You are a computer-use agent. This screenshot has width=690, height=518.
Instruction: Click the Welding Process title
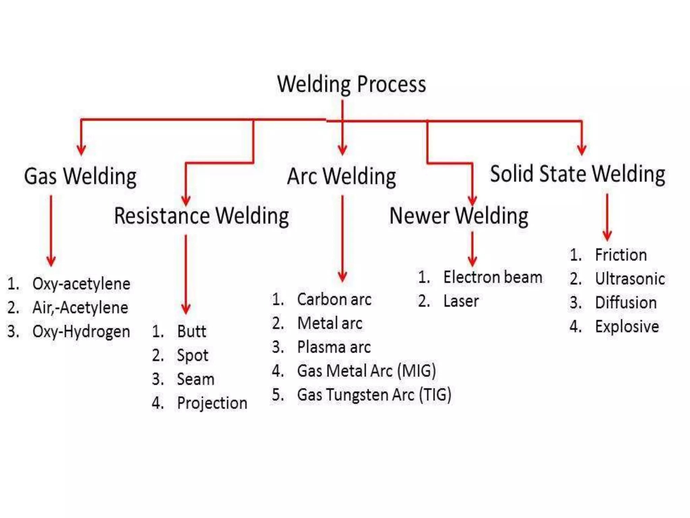351,84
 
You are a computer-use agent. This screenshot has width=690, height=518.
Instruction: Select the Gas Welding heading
80,176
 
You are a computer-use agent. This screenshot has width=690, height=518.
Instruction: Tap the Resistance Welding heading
201,216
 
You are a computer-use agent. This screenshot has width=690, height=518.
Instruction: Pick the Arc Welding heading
342,176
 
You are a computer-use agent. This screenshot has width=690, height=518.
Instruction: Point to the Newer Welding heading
459,216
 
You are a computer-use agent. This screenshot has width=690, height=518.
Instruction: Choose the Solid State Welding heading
577,174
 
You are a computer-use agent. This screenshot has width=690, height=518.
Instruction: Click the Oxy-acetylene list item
81,284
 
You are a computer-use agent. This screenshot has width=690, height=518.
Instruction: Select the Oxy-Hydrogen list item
81,332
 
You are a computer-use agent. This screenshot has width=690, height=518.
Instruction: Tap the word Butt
191,331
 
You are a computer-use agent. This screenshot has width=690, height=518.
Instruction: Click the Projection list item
212,403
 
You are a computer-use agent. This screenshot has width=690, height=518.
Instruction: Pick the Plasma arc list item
334,347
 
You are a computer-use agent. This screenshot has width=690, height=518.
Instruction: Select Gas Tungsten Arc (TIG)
374,395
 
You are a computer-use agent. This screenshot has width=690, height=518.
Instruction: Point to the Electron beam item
493,277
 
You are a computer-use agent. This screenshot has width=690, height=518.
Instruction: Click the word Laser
461,301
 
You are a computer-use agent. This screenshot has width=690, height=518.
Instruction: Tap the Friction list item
621,255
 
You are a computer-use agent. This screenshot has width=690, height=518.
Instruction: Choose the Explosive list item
627,327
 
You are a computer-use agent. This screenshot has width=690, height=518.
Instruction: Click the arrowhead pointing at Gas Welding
81,150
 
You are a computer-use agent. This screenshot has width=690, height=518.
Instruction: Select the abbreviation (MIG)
416,371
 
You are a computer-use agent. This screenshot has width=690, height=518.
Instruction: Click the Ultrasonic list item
630,279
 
